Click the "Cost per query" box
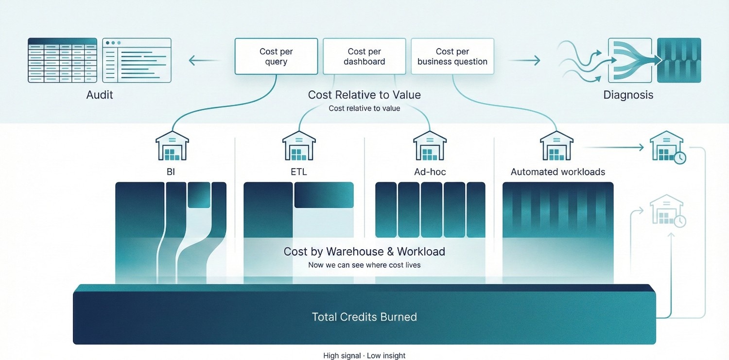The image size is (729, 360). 276,56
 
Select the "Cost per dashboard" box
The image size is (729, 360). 364,56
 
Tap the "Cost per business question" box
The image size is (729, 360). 452,56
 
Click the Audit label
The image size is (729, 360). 100,95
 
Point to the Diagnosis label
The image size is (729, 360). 628,95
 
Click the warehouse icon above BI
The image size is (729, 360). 172,146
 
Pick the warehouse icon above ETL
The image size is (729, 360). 298,146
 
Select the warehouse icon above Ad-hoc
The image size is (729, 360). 429,146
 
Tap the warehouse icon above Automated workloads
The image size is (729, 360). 556,146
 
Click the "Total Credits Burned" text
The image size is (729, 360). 364,317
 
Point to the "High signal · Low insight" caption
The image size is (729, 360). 364,356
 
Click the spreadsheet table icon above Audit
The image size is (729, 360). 62,60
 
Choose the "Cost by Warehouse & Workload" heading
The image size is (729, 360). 364,252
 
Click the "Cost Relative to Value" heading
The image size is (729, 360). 364,95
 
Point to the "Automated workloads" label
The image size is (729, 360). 558,172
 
